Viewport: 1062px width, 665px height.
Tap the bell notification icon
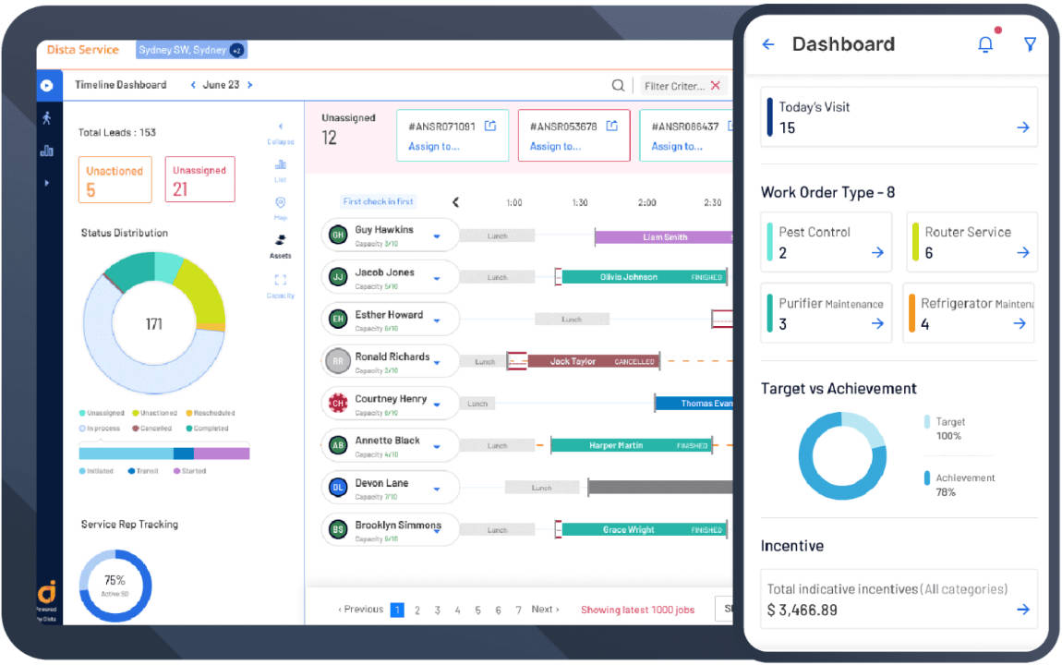(x=985, y=44)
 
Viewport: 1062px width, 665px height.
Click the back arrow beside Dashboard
(x=767, y=44)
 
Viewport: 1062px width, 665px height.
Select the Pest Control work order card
(x=826, y=242)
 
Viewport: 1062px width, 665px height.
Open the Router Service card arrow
(x=1022, y=252)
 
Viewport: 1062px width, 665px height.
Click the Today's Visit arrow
(x=1022, y=127)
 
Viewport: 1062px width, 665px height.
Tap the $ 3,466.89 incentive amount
(x=803, y=610)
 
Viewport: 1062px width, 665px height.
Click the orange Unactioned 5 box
(x=115, y=180)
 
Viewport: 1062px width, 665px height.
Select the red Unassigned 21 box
(x=199, y=180)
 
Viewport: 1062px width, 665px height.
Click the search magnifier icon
(x=618, y=86)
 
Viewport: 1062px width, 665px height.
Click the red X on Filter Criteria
(x=715, y=86)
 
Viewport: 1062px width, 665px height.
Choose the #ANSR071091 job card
(x=453, y=136)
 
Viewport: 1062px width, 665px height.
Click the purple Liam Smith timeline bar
(x=664, y=237)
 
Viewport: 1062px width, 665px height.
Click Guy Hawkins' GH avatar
(x=338, y=235)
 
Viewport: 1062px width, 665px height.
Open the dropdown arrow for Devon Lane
(x=437, y=490)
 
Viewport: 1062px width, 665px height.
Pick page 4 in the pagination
(x=457, y=610)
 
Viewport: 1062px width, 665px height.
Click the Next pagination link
(x=545, y=610)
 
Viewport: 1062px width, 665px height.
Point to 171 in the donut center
(x=153, y=324)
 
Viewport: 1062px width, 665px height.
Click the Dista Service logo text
(x=83, y=50)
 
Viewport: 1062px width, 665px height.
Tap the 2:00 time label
(x=646, y=202)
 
